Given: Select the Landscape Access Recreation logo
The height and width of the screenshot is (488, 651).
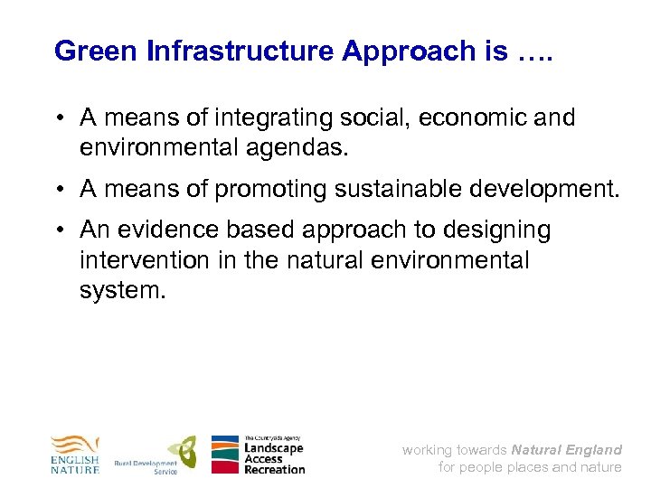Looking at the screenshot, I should click(259, 455).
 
